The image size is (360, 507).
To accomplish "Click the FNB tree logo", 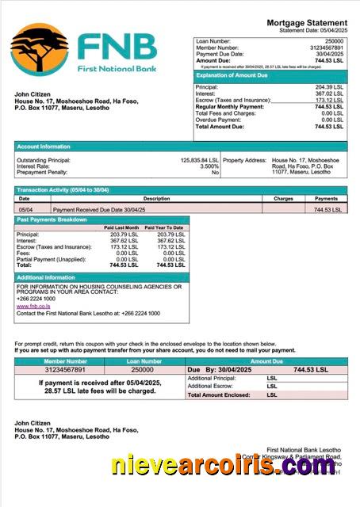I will coord(40,49).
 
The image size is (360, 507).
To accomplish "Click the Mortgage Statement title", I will coord(306,23).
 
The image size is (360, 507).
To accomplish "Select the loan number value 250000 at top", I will coord(334,40).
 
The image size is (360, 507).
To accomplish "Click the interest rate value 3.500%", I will coord(209,166).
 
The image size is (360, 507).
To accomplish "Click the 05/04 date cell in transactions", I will coord(25,209).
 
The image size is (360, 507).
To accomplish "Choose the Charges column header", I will coord(283,199).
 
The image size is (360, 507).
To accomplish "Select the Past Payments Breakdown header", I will coord(52,219).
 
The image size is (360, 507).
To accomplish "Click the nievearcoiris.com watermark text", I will coord(224,467).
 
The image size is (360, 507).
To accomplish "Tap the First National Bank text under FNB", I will coord(117,69).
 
